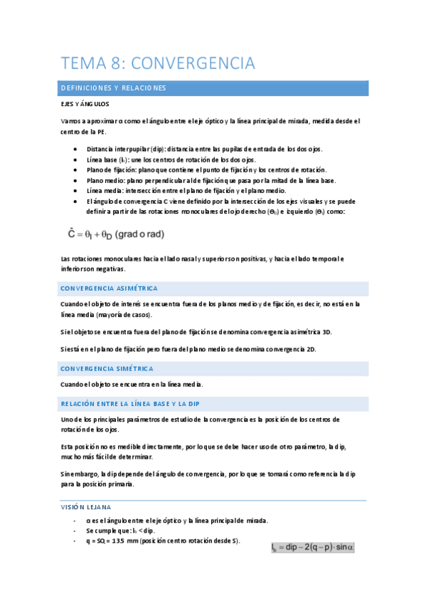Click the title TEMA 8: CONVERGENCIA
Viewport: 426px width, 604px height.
158,63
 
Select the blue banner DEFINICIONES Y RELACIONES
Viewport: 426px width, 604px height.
114,88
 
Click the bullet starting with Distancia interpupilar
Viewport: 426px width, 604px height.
204,149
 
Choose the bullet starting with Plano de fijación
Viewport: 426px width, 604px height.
206,170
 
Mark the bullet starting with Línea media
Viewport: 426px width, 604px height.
186,191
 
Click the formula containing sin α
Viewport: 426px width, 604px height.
312,547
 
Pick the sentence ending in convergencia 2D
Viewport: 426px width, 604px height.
188,349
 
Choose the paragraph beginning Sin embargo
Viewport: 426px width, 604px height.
206,479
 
